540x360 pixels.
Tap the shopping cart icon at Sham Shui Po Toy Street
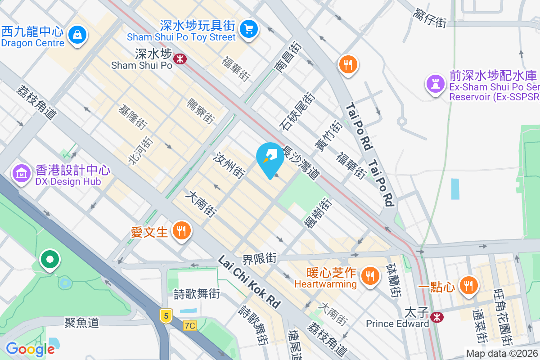click(x=248, y=28)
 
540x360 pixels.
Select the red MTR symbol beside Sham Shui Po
click(x=180, y=58)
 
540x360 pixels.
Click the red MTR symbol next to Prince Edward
click(x=436, y=317)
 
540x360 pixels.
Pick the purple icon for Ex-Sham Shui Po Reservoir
click(x=436, y=83)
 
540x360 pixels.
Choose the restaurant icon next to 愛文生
click(x=182, y=231)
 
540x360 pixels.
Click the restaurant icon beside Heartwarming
click(x=370, y=274)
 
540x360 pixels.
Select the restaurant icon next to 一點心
click(x=468, y=285)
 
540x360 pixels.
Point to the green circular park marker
click(x=49, y=260)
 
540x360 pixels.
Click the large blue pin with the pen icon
click(x=270, y=158)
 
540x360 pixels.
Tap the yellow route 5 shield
click(x=166, y=316)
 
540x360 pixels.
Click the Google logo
click(x=30, y=349)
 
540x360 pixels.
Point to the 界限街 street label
click(x=259, y=259)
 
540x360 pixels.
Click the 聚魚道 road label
click(x=81, y=322)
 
